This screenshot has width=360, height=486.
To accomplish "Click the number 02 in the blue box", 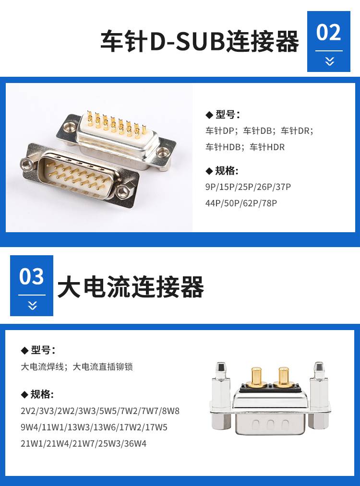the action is click(x=328, y=32).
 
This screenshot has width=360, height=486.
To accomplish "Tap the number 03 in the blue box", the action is click(x=31, y=276).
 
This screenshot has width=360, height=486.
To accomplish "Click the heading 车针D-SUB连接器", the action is click(x=200, y=41).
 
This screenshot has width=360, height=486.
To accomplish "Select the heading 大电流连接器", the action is click(x=131, y=287).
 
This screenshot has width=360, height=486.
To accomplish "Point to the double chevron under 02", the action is click(x=330, y=61).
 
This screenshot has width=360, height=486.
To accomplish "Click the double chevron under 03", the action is click(x=33, y=305).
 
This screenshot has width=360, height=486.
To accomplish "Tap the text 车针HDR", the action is click(x=267, y=147).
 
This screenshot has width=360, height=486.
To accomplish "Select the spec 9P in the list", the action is click(x=211, y=187).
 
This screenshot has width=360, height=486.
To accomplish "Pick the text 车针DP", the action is click(x=220, y=131).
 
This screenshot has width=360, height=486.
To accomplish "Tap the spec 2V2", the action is click(x=28, y=411).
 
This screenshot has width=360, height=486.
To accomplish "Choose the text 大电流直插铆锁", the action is click(x=103, y=367).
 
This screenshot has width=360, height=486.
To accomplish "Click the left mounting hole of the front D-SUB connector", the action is click(x=26, y=164).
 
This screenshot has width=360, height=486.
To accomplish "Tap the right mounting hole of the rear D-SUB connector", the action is click(x=162, y=152).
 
